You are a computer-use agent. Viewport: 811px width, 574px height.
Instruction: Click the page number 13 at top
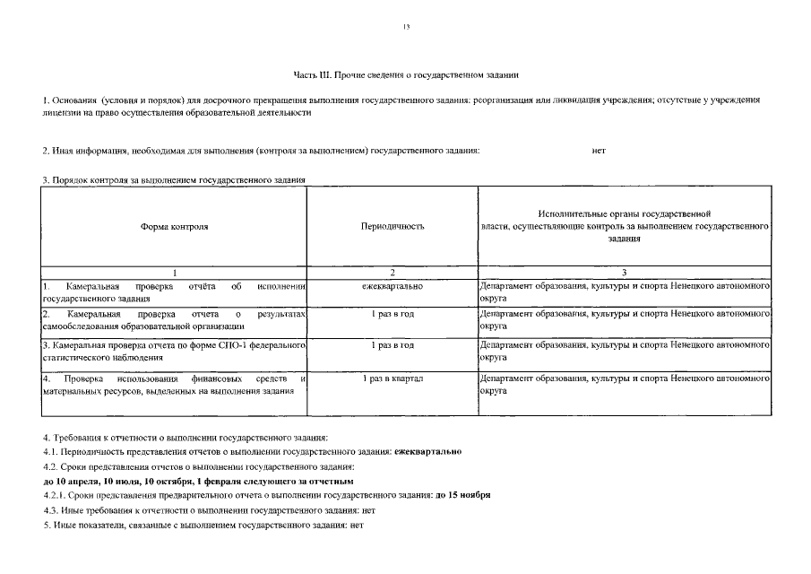tap(406, 29)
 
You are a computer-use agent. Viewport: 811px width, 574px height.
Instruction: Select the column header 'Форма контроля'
tap(175, 227)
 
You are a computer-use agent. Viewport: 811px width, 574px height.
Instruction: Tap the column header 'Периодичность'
tap(393, 227)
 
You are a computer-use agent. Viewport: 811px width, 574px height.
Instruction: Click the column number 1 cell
tap(175, 272)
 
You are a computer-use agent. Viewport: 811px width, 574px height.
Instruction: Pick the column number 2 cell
tap(393, 272)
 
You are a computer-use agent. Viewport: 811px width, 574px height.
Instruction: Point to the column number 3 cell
tap(624, 272)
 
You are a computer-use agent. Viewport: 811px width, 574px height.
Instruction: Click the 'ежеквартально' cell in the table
tap(393, 286)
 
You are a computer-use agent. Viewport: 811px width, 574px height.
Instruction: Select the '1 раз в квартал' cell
tap(393, 379)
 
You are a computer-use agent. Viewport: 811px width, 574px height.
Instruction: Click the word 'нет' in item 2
tap(599, 151)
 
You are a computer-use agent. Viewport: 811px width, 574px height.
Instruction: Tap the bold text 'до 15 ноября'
tap(463, 495)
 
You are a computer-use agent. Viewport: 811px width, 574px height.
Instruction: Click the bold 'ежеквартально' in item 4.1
tap(428, 451)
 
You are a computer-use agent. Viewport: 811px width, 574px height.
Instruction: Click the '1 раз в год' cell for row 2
tap(393, 315)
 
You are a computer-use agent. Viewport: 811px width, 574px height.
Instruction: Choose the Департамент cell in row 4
tap(624, 385)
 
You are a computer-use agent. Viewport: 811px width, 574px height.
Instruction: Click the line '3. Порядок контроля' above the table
tap(174, 180)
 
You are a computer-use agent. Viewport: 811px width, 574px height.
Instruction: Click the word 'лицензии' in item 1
tap(59, 113)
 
